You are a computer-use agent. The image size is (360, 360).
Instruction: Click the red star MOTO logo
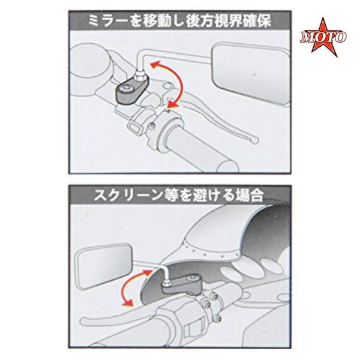pos(323,37)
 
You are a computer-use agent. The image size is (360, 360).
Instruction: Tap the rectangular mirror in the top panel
pos(251,74)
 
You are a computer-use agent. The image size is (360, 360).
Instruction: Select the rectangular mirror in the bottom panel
pos(104,266)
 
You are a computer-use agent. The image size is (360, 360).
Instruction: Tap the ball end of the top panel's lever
pos(255,140)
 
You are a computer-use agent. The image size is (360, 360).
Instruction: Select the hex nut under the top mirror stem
pos(140,76)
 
